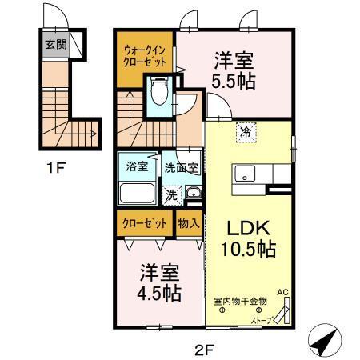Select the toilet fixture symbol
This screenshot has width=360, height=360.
[x=158, y=93]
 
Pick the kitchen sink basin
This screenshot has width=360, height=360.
[x=244, y=174]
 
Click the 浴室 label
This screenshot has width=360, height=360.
[x=137, y=167]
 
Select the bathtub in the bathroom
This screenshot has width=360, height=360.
[x=136, y=194]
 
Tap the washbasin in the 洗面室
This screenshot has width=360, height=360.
[x=193, y=193]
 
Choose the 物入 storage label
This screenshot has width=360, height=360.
[x=188, y=224]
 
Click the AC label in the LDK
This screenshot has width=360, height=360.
[x=282, y=293]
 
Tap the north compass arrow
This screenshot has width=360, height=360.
[x=321, y=342]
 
